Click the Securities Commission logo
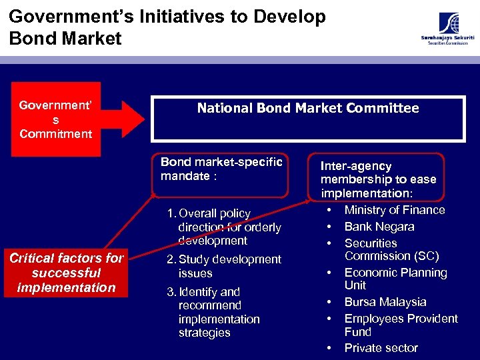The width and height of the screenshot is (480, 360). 447,29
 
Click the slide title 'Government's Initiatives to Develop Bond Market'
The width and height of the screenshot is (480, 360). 167,27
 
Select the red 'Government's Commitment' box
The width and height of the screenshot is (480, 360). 56,119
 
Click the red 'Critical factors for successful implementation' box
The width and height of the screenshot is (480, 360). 67,273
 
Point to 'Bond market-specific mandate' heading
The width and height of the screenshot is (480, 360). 221,169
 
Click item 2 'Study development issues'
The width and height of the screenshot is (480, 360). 223,266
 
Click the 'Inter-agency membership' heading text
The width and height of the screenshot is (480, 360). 377,179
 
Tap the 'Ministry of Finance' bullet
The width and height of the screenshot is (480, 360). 394,210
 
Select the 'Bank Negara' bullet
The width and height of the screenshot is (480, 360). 379,227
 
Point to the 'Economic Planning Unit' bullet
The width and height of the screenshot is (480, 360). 395,279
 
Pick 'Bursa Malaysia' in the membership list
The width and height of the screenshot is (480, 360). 385,302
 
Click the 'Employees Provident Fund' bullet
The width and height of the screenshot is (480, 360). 401,325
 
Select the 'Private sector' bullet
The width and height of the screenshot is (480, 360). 381,348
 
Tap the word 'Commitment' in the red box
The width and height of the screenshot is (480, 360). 56,134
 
